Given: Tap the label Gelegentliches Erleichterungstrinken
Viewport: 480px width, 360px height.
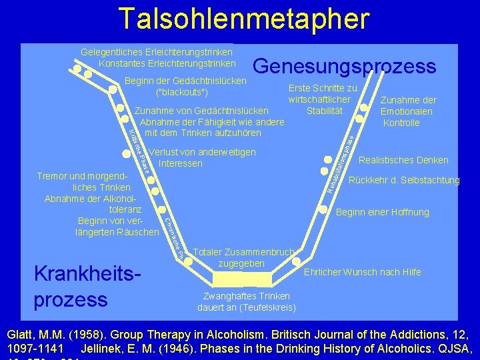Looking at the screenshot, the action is coord(157,52).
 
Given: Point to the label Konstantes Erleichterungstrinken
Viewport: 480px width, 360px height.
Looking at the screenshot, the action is coord(167,64).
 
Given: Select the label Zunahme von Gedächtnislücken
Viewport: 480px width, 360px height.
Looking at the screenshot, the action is coord(202,111).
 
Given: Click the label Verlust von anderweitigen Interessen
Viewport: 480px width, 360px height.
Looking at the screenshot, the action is coord(202,158).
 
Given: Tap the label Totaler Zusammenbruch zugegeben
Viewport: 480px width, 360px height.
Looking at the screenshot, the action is coord(243,258).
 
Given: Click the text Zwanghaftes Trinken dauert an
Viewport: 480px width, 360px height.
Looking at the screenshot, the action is coord(247,301).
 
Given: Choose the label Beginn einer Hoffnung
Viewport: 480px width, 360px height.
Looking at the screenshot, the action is coord(383,213).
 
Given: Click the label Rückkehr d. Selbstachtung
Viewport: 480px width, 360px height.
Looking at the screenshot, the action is coord(404,181).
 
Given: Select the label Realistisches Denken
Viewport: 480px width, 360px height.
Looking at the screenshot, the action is coord(403,160).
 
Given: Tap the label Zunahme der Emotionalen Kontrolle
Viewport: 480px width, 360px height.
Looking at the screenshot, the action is coord(407,112).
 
